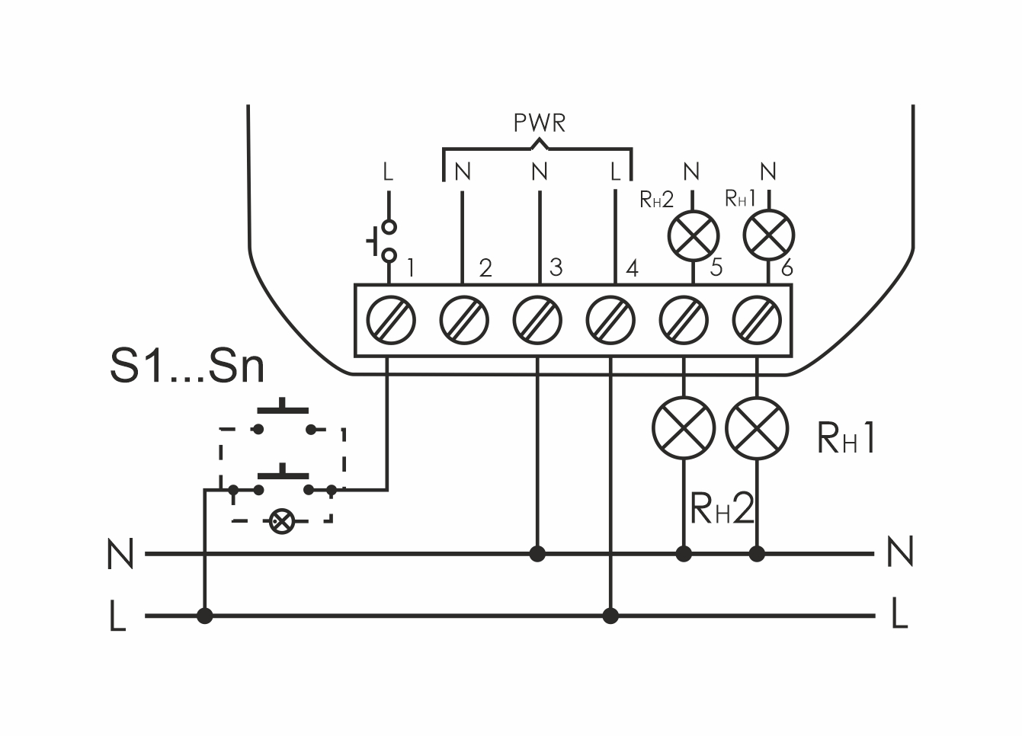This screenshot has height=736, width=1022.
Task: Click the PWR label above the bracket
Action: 539,123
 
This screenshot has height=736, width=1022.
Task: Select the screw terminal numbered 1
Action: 390,319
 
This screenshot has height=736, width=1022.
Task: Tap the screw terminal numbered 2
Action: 463,319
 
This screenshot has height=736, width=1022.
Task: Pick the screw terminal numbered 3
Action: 537,319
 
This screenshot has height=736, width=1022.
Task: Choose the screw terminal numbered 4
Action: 610,319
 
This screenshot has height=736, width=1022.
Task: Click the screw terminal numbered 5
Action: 684,319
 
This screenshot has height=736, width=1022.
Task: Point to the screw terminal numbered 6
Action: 757,319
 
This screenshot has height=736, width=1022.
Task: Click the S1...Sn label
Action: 187,366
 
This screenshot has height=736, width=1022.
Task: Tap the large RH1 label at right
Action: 846,438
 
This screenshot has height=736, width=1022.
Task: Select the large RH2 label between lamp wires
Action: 721,508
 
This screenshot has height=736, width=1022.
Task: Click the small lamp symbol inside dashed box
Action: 282,521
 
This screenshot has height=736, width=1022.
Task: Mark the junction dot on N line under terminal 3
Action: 537,554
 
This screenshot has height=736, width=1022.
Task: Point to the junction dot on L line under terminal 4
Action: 610,616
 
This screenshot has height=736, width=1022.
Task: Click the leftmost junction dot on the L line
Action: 204,616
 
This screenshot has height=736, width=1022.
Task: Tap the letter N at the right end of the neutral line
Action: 900,552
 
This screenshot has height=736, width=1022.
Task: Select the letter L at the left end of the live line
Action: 117,616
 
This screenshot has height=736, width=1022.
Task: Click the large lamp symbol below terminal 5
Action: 684,428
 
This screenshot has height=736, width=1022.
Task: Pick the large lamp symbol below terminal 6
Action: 757,428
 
